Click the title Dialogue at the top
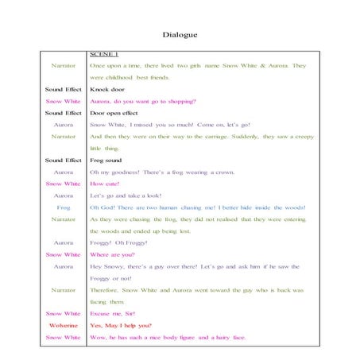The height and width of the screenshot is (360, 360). coord(180,35)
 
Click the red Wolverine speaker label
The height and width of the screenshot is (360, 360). coord(64,326)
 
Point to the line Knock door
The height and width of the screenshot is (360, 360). coord(109,91)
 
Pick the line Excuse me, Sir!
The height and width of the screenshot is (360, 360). coord(113,314)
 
